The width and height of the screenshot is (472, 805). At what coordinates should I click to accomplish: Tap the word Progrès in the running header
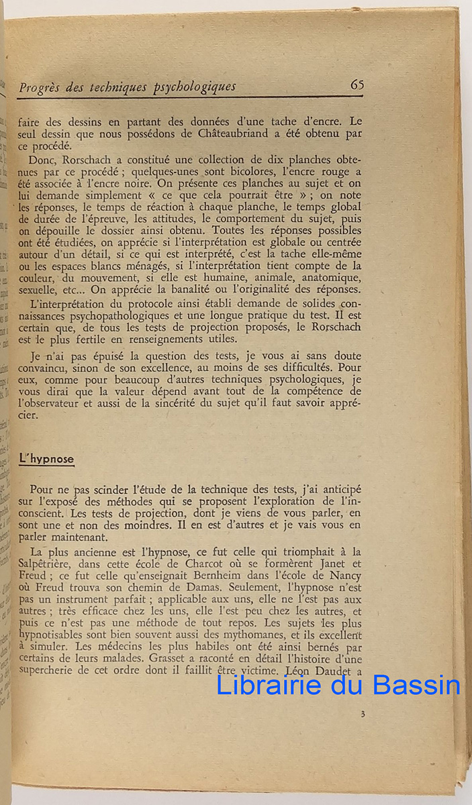(42, 87)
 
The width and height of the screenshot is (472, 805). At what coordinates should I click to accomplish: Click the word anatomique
(328, 277)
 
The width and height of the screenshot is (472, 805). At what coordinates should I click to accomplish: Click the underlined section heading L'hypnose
(46, 460)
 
